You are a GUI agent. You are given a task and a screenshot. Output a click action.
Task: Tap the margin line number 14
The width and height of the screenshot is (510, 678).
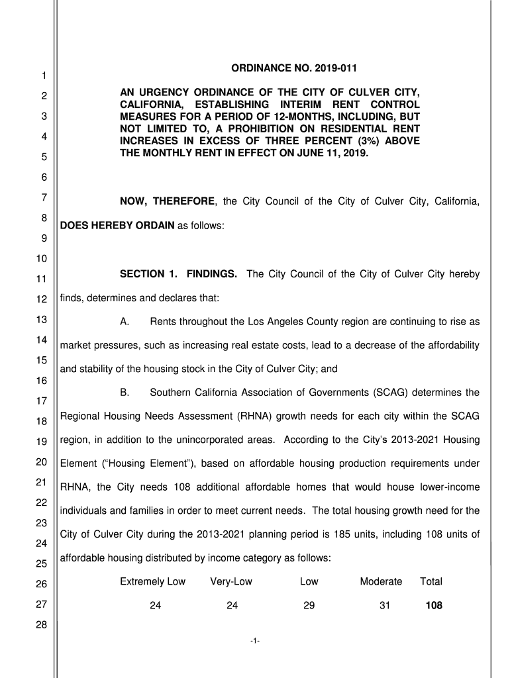42,340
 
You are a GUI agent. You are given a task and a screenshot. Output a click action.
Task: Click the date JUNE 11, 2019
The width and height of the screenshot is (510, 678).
329,153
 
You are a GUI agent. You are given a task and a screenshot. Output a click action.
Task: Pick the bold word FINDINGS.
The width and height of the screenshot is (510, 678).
212,274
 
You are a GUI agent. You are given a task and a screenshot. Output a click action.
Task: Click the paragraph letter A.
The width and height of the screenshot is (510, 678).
124,322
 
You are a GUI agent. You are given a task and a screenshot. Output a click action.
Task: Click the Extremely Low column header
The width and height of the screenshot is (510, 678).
152,581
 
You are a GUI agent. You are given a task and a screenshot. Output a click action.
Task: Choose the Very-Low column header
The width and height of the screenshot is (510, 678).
231,581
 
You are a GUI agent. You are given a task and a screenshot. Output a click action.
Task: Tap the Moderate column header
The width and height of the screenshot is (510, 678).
381,581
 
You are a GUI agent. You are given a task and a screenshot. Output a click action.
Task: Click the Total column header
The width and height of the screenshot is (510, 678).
431,581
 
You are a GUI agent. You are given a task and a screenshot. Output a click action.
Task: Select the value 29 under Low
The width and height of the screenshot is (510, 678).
309,605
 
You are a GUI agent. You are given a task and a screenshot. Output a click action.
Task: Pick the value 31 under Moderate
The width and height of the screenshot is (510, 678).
385,605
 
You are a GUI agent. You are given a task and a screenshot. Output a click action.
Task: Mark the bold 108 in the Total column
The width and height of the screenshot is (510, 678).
434,605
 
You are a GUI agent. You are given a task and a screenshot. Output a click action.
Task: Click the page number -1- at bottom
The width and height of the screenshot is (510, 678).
255,640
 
